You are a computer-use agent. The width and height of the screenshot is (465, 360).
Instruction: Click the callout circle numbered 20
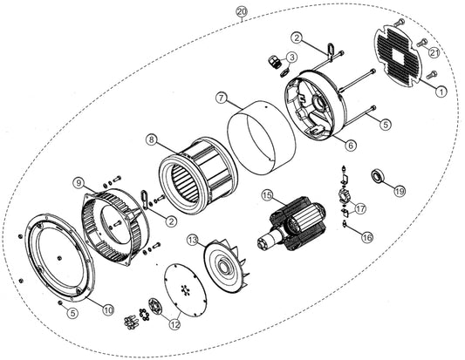tap(242, 12)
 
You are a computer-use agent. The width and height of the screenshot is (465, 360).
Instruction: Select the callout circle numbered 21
tap(434, 53)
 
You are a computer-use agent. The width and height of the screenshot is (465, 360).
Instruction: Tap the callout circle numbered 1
tap(441, 92)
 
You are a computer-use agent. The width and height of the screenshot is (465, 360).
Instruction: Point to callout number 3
tap(291, 58)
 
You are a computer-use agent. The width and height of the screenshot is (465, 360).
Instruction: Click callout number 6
tap(351, 146)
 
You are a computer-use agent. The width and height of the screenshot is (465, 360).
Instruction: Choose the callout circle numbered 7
tap(222, 98)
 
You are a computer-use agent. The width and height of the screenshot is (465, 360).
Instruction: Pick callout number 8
tap(152, 139)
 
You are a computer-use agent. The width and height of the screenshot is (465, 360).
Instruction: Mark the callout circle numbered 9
tap(79, 183)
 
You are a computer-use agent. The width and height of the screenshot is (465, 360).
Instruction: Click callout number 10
tap(108, 310)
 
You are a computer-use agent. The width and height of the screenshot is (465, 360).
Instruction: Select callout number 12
tap(174, 325)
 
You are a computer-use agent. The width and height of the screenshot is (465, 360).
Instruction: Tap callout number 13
tap(193, 240)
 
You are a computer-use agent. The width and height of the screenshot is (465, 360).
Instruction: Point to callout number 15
tap(267, 195)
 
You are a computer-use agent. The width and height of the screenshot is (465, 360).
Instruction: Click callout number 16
tap(367, 237)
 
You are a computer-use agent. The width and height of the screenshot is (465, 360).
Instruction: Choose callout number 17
tap(360, 209)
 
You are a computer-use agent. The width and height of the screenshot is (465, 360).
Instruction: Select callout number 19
tap(400, 191)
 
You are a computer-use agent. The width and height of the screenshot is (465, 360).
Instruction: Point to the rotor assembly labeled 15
tap(292, 225)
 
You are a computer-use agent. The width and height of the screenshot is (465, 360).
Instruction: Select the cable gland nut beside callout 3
tap(272, 62)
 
